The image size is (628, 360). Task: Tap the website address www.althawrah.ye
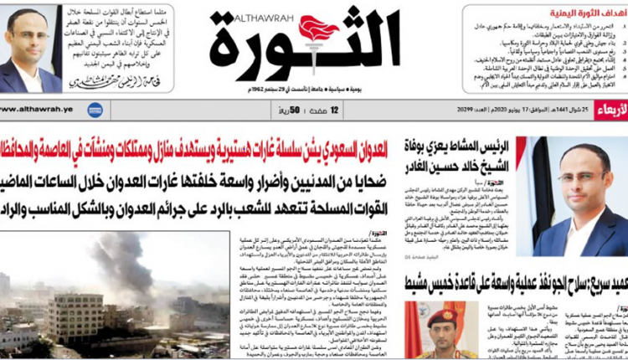[x=40, y=109]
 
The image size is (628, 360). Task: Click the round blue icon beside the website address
[x=95, y=110]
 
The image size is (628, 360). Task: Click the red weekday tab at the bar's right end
[x=612, y=110]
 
